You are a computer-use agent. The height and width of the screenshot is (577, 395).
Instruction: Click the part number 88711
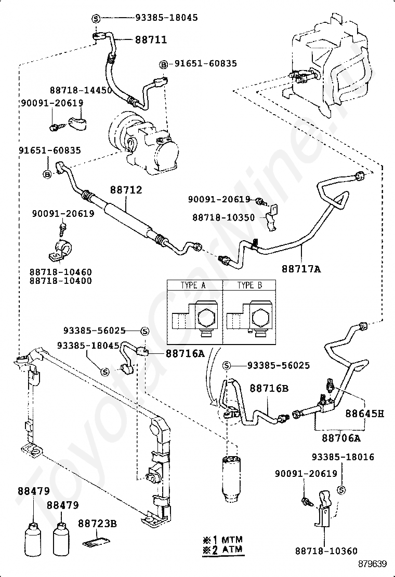click(151, 39)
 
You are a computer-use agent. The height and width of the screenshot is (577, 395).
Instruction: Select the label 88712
click(126, 190)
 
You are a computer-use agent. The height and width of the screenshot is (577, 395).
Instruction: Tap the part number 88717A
click(301, 269)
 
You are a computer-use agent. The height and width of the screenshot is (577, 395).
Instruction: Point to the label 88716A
click(185, 354)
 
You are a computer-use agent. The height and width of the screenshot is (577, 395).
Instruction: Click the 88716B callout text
click(269, 388)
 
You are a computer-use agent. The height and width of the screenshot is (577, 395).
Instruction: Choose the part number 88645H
click(364, 413)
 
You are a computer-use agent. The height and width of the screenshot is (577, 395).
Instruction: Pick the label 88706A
click(341, 438)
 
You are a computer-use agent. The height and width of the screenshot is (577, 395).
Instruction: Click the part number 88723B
click(97, 523)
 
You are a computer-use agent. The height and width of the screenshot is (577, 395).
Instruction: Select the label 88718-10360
click(326, 551)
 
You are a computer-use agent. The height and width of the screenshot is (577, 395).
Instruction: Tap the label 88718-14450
click(81, 90)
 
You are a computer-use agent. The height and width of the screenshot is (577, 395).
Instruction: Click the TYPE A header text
click(193, 285)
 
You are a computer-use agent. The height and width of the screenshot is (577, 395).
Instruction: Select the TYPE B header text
click(249, 285)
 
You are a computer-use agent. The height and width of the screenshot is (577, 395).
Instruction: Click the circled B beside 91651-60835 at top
click(163, 65)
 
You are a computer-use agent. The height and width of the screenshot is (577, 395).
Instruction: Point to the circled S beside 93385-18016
click(341, 490)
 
